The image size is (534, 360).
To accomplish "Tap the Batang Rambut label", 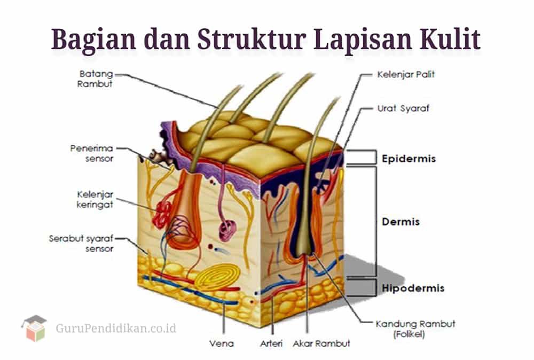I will [x=96, y=79].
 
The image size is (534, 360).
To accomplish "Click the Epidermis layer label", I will [x=409, y=159].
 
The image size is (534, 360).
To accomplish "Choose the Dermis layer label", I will [x=401, y=222].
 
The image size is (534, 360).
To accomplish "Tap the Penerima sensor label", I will [x=92, y=153].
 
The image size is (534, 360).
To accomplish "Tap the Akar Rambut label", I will [x=321, y=342].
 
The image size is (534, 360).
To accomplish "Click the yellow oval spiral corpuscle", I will [x=216, y=278].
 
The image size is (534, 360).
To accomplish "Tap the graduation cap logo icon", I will [x=34, y=327].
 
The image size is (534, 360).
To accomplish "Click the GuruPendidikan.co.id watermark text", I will [x=116, y=327].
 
